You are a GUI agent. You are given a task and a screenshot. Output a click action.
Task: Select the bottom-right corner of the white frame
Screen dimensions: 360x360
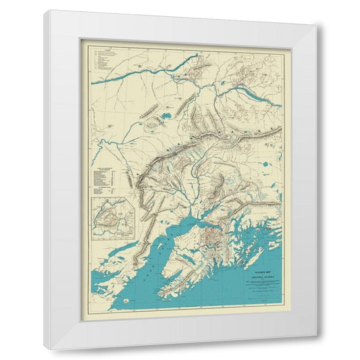(316, 349)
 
